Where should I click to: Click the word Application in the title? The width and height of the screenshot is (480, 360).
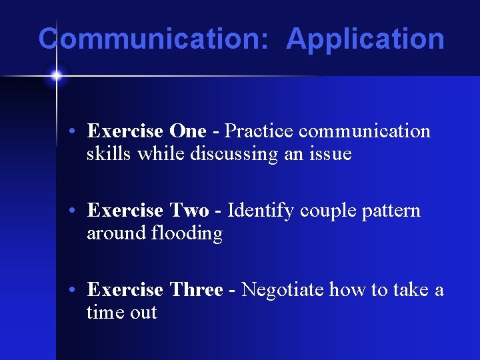pyautogui.click(x=365, y=39)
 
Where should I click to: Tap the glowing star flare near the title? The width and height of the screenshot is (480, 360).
pyautogui.click(x=56, y=75)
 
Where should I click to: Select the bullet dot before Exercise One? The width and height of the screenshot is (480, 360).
pyautogui.click(x=78, y=132)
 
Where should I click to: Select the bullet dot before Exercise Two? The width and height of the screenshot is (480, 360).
pyautogui.click(x=78, y=211)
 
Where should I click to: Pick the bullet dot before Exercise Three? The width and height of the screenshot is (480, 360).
pyautogui.click(x=78, y=291)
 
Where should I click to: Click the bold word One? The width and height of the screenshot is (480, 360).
pyautogui.click(x=188, y=131)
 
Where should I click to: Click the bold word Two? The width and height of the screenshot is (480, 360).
pyautogui.click(x=189, y=211)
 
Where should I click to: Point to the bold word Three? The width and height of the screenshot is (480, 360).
pyautogui.click(x=196, y=290)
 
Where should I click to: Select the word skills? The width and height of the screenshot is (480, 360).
pyautogui.click(x=109, y=154)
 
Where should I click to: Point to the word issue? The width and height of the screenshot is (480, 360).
pyautogui.click(x=329, y=154)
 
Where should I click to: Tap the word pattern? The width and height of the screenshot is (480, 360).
pyautogui.click(x=391, y=211)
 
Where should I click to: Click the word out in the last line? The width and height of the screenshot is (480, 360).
pyautogui.click(x=142, y=313)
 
